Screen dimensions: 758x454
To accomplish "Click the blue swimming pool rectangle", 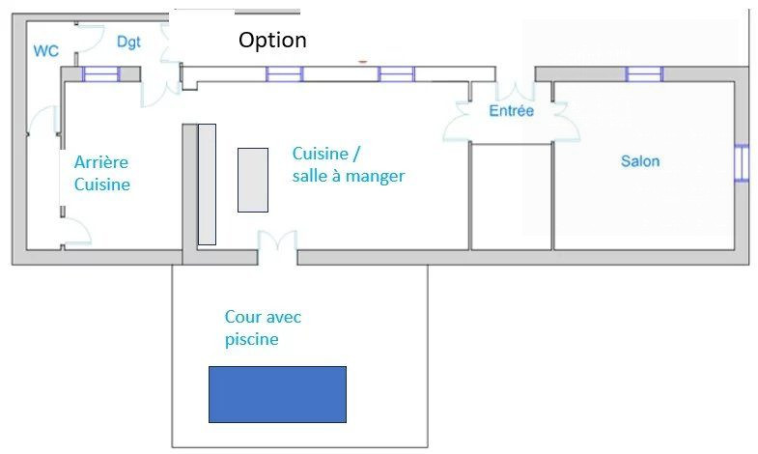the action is click(x=277, y=394).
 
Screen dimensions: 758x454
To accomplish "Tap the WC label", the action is click(x=46, y=51).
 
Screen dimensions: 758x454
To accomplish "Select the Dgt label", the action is click(x=128, y=43).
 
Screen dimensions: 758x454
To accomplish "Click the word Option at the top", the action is click(x=272, y=41).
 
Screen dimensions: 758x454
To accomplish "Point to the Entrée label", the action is click(x=512, y=111).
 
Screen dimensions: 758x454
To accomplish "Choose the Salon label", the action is click(x=640, y=161).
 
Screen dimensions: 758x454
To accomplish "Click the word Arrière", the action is click(x=101, y=162).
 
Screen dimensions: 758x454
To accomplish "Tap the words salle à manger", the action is click(x=349, y=176).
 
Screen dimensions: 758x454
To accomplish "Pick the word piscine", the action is click(x=251, y=339).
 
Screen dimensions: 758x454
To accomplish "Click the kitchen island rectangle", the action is click(x=253, y=180).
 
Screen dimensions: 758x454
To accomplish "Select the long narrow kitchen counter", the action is click(x=207, y=184).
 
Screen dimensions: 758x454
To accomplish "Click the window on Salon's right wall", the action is click(x=741, y=163).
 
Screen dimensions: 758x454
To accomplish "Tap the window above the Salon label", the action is click(x=644, y=74).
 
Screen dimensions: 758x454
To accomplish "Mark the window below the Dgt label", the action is click(x=100, y=74).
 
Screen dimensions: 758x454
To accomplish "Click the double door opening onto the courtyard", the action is click(x=277, y=241).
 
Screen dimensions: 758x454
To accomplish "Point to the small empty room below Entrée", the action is click(x=511, y=196).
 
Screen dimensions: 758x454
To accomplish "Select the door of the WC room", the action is click(x=89, y=38).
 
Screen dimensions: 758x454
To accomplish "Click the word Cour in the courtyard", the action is click(x=239, y=317).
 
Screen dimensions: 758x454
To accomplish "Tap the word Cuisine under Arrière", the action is click(x=102, y=184).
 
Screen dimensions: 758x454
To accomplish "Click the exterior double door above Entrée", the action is click(x=515, y=91).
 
